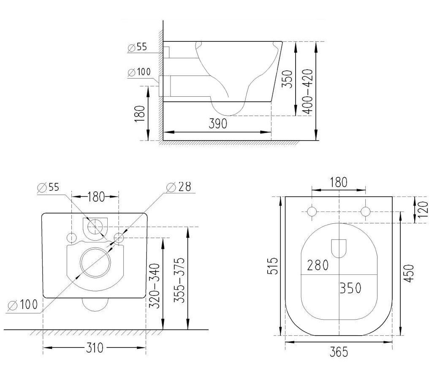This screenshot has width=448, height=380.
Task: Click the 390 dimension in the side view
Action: (x=217, y=124)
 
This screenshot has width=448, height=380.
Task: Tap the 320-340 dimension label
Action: (x=155, y=286)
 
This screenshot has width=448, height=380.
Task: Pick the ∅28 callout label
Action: (x=179, y=186)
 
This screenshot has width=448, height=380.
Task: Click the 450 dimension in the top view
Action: (x=409, y=273)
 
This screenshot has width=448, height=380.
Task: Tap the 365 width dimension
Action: (x=339, y=351)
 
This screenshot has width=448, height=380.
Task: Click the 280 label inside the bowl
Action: (x=318, y=266)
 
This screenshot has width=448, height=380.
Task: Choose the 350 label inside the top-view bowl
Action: (x=350, y=288)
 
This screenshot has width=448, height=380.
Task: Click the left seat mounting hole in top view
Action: (x=312, y=212)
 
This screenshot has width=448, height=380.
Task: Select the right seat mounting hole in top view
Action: (x=366, y=212)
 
